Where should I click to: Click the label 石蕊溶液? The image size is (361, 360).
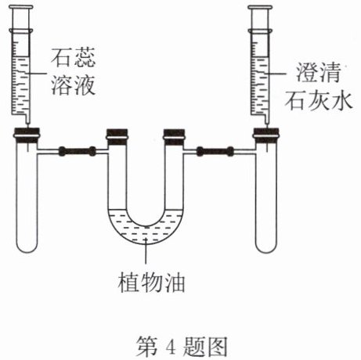(x=74, y=71)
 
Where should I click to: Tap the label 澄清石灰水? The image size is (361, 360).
(x=319, y=87)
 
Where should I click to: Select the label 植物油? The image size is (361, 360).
(x=152, y=283)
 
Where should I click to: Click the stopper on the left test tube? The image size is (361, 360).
(x=27, y=135)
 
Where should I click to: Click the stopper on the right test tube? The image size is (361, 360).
(x=266, y=135)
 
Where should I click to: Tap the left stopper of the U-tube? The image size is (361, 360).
(x=117, y=137)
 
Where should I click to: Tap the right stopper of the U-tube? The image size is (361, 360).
(x=174, y=137)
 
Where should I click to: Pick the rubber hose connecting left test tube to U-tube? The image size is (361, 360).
(x=77, y=151)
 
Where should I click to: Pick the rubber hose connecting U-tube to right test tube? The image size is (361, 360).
(x=215, y=151)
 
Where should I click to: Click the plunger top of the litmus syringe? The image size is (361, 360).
(x=21, y=7)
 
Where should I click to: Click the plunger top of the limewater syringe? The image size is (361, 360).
(x=260, y=7)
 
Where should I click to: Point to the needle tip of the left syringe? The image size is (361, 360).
(x=27, y=124)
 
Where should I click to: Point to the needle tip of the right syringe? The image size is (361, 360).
(x=267, y=124)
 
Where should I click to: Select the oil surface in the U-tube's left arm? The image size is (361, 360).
(x=117, y=210)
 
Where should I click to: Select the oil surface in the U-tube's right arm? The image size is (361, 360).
(x=174, y=210)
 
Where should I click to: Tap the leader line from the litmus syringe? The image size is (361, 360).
(x=37, y=74)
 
